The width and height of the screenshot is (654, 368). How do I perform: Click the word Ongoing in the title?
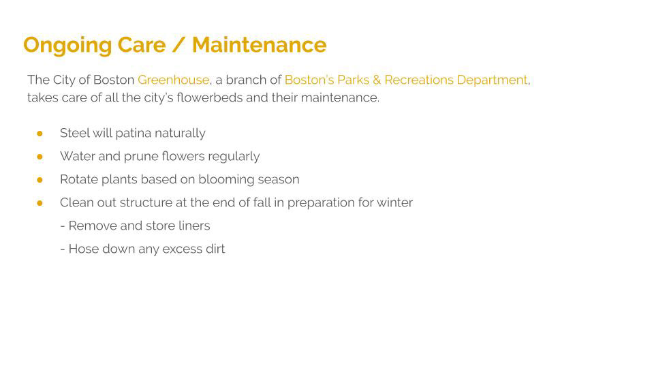(x=67, y=46)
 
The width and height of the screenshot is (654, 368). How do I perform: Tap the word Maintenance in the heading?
(x=259, y=45)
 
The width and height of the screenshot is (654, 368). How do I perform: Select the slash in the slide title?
(x=178, y=45)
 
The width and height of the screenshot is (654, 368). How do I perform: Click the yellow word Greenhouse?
(x=174, y=80)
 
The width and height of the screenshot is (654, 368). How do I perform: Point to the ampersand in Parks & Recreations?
(x=377, y=80)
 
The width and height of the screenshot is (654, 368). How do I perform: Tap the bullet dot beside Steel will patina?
(x=40, y=134)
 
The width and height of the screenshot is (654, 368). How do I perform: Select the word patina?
(x=133, y=134)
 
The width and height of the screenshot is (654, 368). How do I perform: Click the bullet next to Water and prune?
(x=40, y=157)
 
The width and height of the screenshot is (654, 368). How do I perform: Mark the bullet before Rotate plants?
(x=40, y=180)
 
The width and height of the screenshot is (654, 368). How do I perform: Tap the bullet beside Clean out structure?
(x=40, y=203)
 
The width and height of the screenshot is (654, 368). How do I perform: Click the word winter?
(x=394, y=203)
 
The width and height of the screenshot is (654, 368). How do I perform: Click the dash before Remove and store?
(x=63, y=226)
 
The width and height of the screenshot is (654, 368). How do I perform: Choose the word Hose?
(x=83, y=249)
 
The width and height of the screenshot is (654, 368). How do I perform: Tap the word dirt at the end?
(x=215, y=249)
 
